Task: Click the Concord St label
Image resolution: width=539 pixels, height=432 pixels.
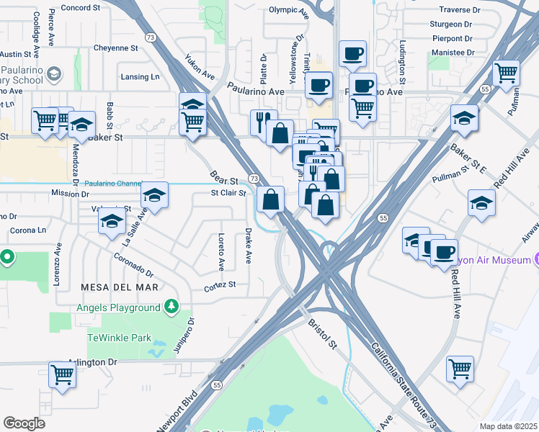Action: click(x=80, y=7)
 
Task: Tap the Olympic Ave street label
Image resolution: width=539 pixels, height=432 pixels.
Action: click(x=288, y=10)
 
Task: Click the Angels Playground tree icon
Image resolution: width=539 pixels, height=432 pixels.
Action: click(x=171, y=307)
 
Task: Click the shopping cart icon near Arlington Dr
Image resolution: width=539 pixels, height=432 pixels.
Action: click(x=63, y=374)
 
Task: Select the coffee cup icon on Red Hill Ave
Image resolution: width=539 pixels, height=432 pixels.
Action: click(x=444, y=251)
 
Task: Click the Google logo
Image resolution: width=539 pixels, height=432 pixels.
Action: click(x=24, y=423)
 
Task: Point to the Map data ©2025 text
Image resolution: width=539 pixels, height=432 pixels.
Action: click(x=507, y=426)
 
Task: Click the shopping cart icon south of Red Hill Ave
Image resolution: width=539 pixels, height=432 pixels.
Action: click(x=460, y=368)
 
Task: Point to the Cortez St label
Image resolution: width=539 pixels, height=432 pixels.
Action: click(x=220, y=284)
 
